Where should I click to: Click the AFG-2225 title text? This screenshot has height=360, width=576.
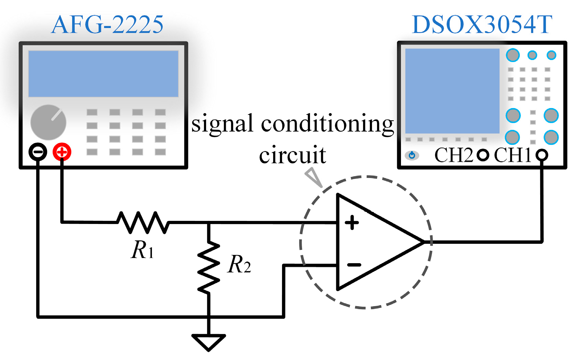pyautogui.click(x=107, y=25)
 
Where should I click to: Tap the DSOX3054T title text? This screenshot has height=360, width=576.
pyautogui.click(x=482, y=25)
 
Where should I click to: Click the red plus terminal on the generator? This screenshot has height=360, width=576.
pyautogui.click(x=62, y=152)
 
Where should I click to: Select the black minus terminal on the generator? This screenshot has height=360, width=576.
pyautogui.click(x=38, y=152)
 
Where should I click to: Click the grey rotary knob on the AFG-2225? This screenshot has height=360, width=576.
pyautogui.click(x=48, y=122)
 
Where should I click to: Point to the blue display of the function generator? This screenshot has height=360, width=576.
pyautogui.click(x=103, y=74)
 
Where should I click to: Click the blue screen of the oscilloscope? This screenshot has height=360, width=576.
pyautogui.click(x=452, y=91)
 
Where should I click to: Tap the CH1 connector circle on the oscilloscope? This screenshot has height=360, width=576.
pyautogui.click(x=541, y=155)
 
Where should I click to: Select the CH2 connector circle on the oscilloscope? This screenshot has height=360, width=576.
pyautogui.click(x=483, y=155)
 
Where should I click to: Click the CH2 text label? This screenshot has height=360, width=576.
pyautogui.click(x=454, y=155)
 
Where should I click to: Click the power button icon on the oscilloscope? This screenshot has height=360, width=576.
pyautogui.click(x=412, y=155)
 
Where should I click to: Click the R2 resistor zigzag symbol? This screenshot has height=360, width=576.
pyautogui.click(x=209, y=267)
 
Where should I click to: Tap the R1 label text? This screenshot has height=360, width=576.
pyautogui.click(x=142, y=250)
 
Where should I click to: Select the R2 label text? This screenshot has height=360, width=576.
pyautogui.click(x=239, y=265)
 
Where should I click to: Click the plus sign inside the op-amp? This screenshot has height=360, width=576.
pyautogui.click(x=352, y=223)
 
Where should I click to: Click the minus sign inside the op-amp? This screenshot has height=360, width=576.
pyautogui.click(x=354, y=265)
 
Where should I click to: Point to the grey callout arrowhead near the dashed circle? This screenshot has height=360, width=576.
pyautogui.click(x=314, y=177)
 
